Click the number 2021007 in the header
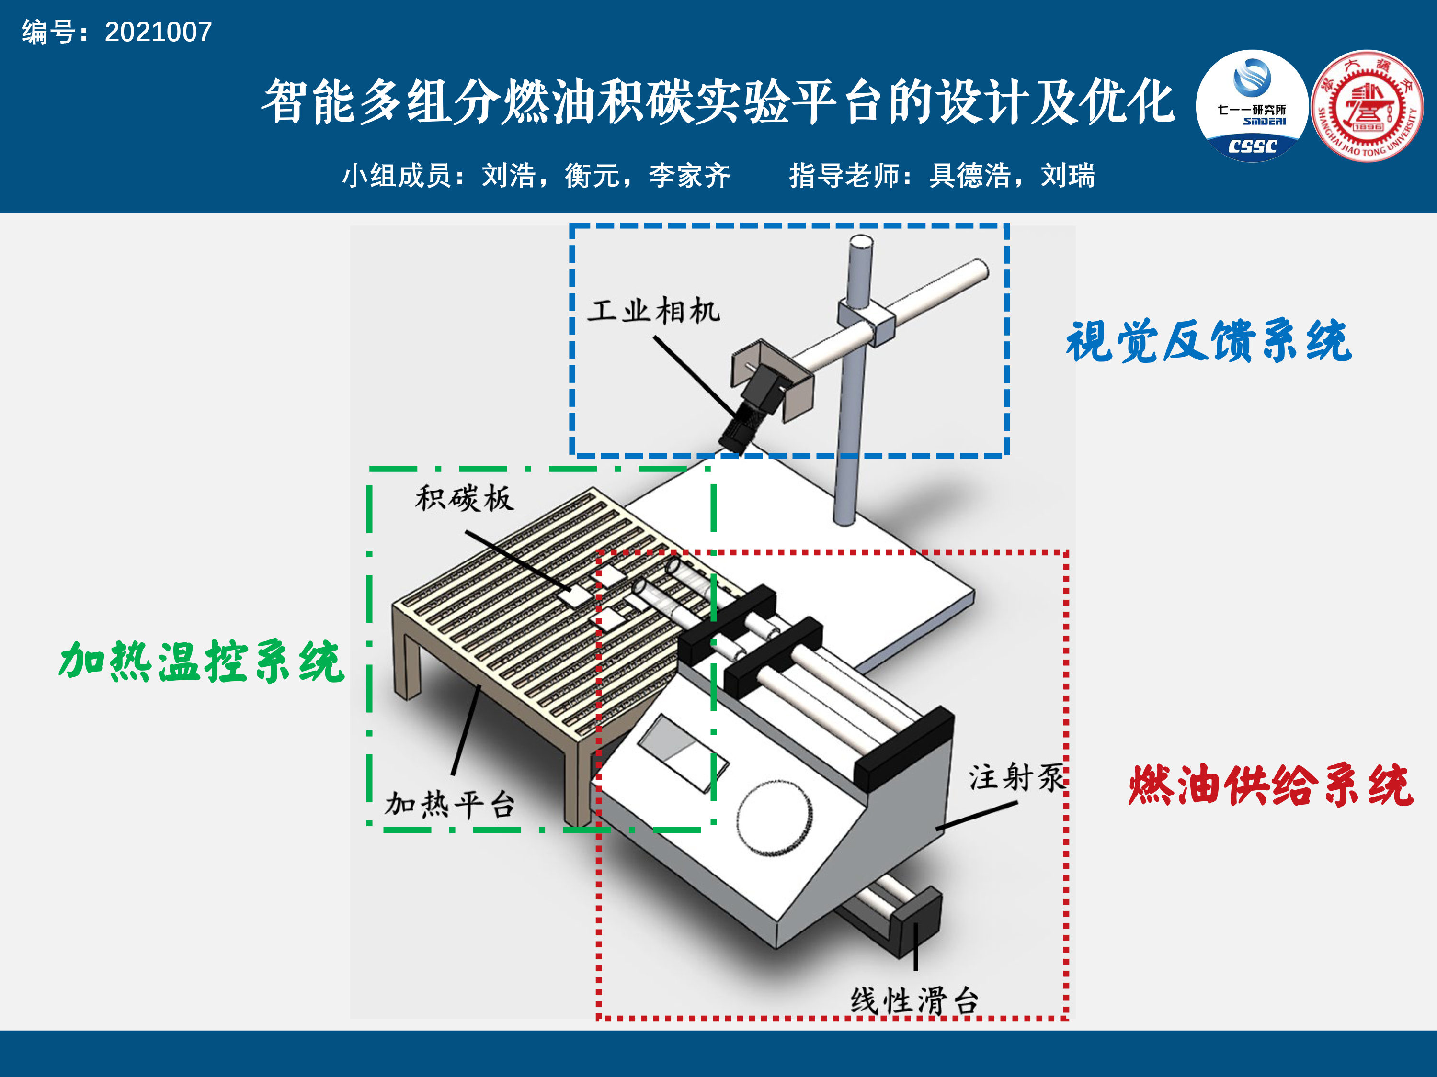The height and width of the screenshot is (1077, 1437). click(x=159, y=32)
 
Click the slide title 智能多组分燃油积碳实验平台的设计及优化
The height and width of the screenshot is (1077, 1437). click(x=718, y=101)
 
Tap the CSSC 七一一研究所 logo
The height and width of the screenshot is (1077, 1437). click(x=1252, y=106)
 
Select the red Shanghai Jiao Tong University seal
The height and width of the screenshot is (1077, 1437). click(x=1367, y=106)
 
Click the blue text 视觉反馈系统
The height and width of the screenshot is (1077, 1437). click(x=1209, y=340)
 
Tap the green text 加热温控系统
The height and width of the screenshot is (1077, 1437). click(x=201, y=662)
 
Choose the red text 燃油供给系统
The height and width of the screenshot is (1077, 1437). click(x=1271, y=785)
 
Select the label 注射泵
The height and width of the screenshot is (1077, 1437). click(x=1017, y=777)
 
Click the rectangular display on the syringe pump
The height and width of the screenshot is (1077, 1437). click(x=684, y=753)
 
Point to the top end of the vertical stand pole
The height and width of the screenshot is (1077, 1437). click(x=861, y=242)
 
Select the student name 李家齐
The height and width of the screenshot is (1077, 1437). click(x=690, y=175)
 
